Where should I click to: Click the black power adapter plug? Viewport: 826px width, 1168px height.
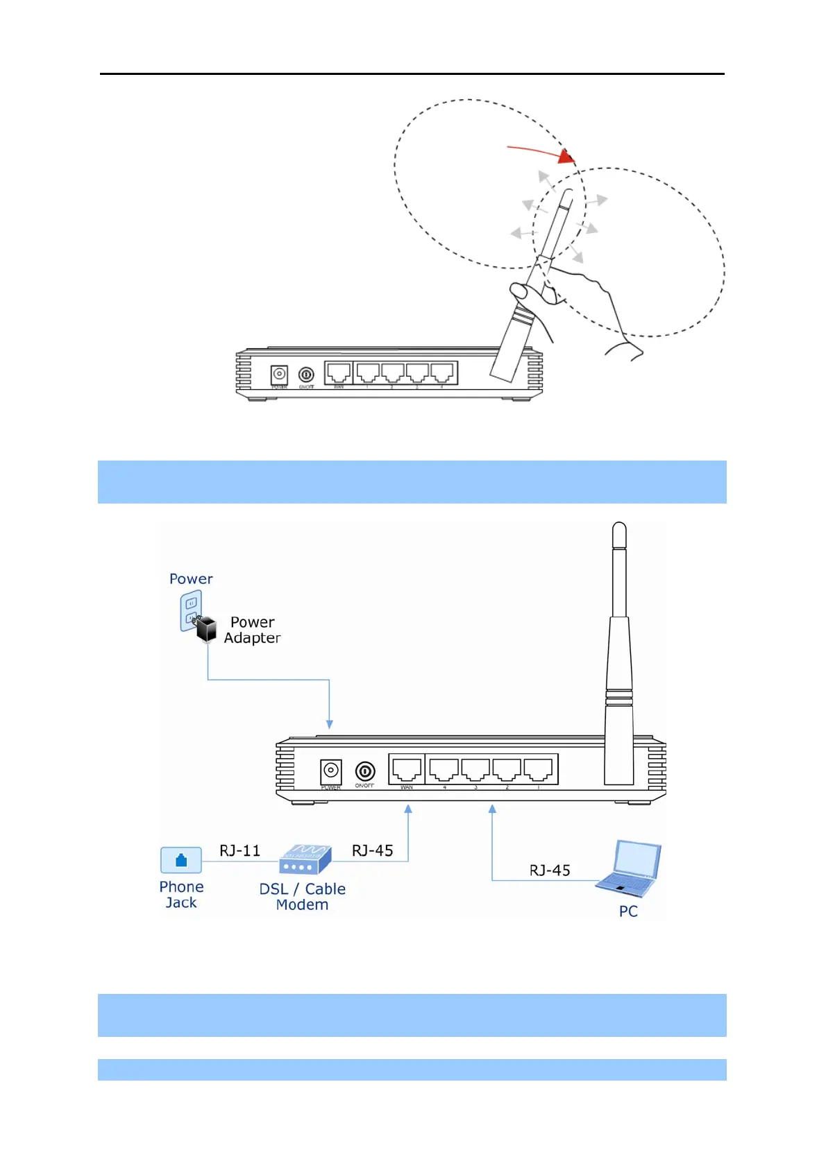point(206,629)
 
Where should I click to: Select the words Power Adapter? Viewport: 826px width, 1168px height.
point(252,630)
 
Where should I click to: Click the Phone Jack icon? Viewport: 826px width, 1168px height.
point(181,860)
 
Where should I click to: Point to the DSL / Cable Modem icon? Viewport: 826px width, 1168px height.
point(304,859)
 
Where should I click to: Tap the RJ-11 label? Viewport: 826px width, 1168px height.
point(239,851)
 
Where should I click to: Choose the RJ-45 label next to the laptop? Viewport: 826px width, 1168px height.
point(550,870)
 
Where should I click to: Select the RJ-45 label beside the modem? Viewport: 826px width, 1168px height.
point(373,851)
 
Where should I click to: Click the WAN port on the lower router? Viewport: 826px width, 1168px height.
point(407,769)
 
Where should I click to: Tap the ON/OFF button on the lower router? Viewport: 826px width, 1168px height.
point(365,771)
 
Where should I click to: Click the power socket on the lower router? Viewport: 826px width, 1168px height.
point(331,771)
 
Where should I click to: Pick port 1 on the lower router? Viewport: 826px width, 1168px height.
point(538,769)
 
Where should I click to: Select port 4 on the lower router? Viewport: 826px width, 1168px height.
point(444,769)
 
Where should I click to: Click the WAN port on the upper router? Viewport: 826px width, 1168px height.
point(339,372)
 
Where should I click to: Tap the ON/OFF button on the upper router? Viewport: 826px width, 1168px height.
point(306,375)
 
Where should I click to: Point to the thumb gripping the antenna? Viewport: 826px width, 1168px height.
point(519,291)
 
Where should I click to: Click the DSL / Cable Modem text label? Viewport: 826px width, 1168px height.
point(302,897)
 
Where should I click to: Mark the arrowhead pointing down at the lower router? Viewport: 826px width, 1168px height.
point(330,724)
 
